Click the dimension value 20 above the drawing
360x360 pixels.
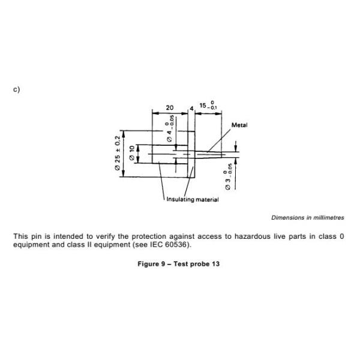click(x=170, y=108)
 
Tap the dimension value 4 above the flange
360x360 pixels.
click(x=191, y=109)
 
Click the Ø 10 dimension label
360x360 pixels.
click(x=132, y=153)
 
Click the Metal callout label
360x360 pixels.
click(x=239, y=125)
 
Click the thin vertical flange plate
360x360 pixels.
click(x=191, y=153)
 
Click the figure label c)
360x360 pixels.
click(x=16, y=89)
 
